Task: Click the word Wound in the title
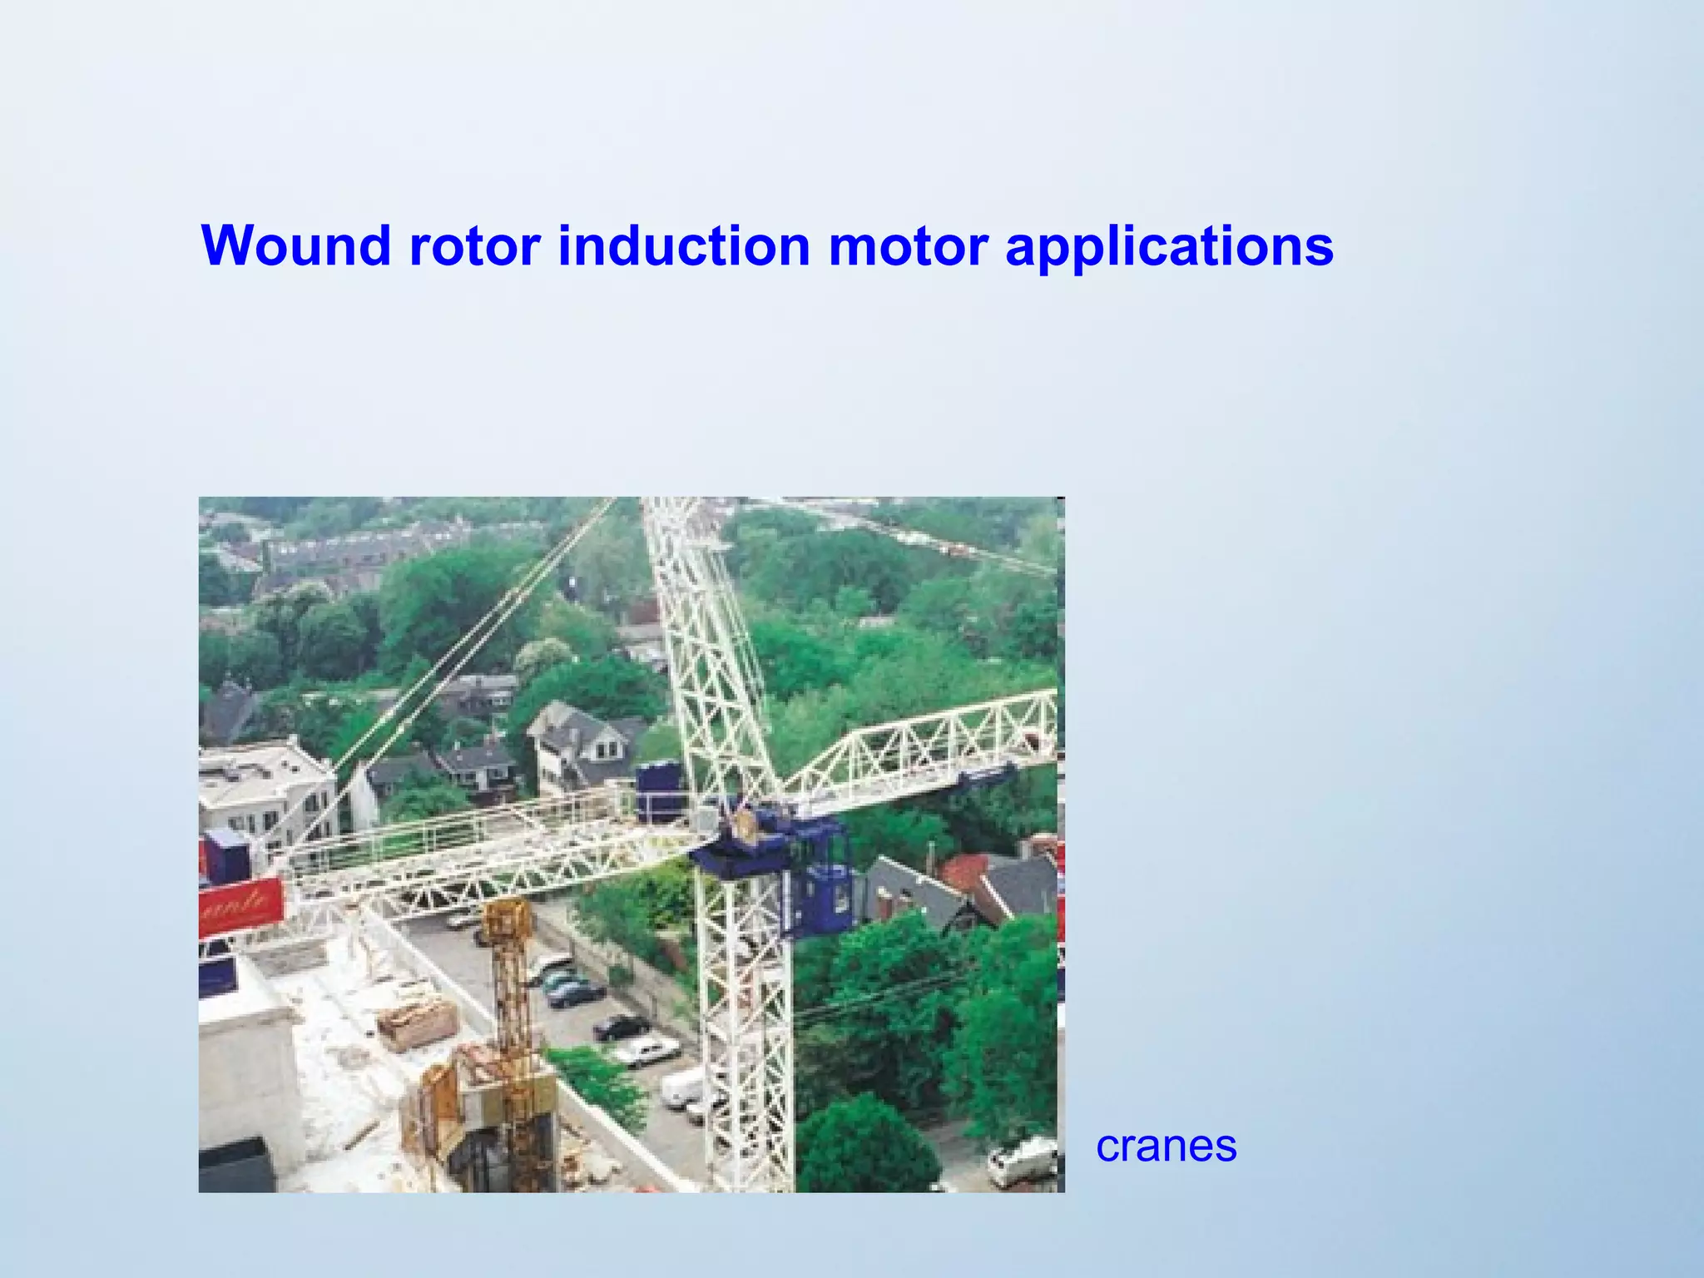(x=295, y=245)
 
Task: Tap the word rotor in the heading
(x=474, y=245)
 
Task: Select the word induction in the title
(x=683, y=245)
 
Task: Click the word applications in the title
(x=1169, y=245)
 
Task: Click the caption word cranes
(x=1166, y=1146)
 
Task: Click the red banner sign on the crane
(x=241, y=904)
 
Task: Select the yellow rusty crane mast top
(x=508, y=924)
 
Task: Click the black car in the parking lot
(x=621, y=1028)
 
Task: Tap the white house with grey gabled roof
(x=582, y=741)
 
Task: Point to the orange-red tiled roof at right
(x=969, y=869)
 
